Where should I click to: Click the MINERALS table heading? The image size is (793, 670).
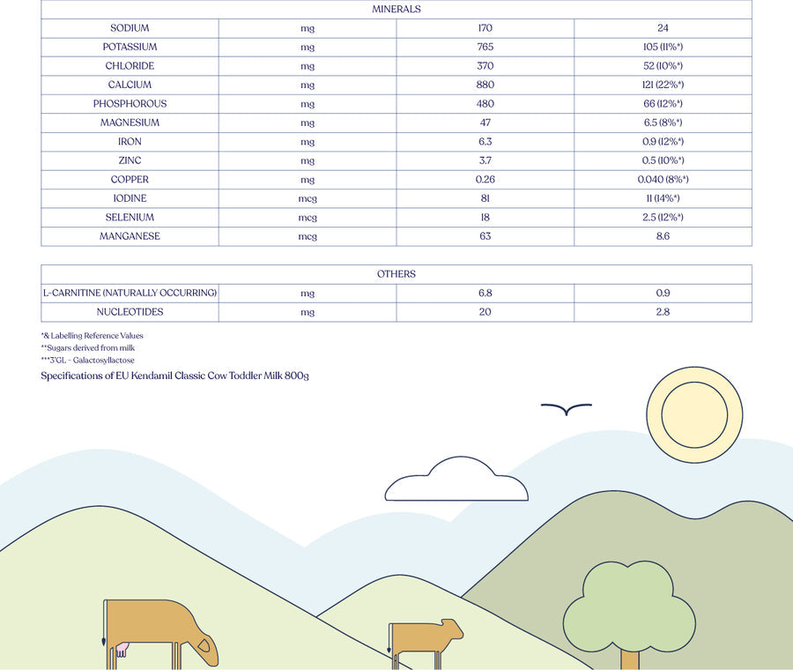pyautogui.click(x=396, y=9)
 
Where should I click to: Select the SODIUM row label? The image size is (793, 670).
pyautogui.click(x=130, y=28)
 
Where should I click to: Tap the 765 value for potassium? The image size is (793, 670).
pyautogui.click(x=485, y=47)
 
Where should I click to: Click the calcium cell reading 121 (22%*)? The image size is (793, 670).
pyautogui.click(x=663, y=85)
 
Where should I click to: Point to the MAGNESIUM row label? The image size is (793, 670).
pyautogui.click(x=130, y=123)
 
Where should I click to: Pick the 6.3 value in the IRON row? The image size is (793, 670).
pyautogui.click(x=485, y=142)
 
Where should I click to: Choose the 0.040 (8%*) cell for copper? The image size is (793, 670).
pyautogui.click(x=663, y=180)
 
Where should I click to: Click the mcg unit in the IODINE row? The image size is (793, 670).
pyautogui.click(x=308, y=198)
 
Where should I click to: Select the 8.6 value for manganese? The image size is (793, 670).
pyautogui.click(x=663, y=236)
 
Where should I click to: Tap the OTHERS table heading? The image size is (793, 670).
pyautogui.click(x=396, y=274)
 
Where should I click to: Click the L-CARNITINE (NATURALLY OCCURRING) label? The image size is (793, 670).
pyautogui.click(x=130, y=293)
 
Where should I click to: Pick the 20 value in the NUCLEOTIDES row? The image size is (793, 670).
pyautogui.click(x=485, y=312)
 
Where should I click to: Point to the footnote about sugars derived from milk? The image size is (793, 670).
pyautogui.click(x=87, y=348)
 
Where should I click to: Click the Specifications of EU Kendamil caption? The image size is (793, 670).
pyautogui.click(x=174, y=376)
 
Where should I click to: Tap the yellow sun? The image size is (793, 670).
pyautogui.click(x=694, y=413)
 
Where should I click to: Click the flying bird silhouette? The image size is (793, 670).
pyautogui.click(x=566, y=409)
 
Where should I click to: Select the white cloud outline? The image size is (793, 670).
pyautogui.click(x=456, y=483)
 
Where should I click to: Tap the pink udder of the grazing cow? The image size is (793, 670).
pyautogui.click(x=121, y=650)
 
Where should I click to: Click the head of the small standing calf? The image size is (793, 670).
pyautogui.click(x=451, y=629)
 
